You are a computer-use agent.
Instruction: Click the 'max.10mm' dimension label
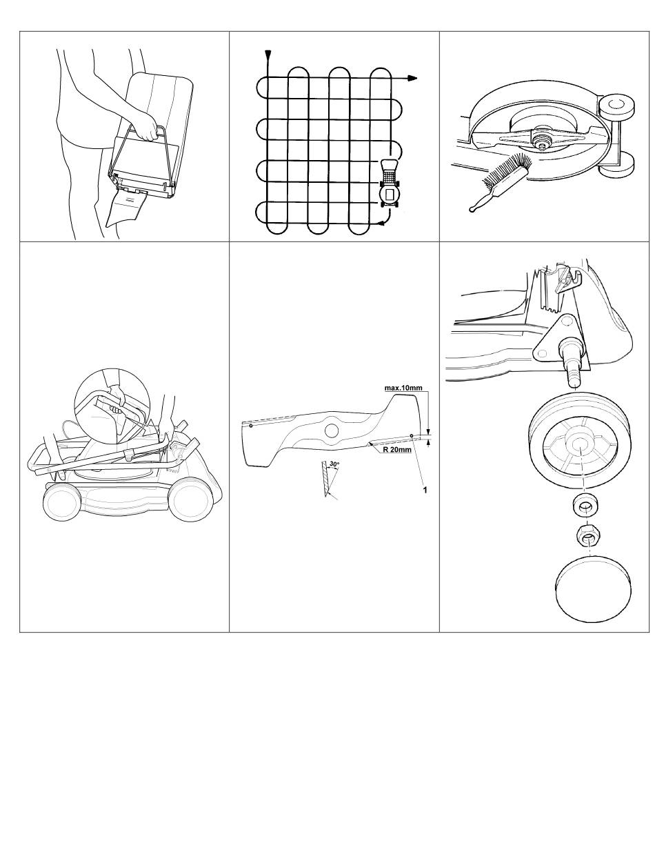click(x=403, y=388)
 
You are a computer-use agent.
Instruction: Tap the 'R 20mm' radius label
click(x=397, y=450)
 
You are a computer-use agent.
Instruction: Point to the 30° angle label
click(x=334, y=464)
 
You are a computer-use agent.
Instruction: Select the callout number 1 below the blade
click(x=425, y=490)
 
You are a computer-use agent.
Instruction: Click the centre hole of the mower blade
click(x=332, y=430)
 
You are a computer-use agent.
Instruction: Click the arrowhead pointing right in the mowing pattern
click(x=411, y=79)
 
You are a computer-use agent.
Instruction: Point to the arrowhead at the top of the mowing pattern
click(x=268, y=55)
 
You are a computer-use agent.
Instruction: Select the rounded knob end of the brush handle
click(x=473, y=208)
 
